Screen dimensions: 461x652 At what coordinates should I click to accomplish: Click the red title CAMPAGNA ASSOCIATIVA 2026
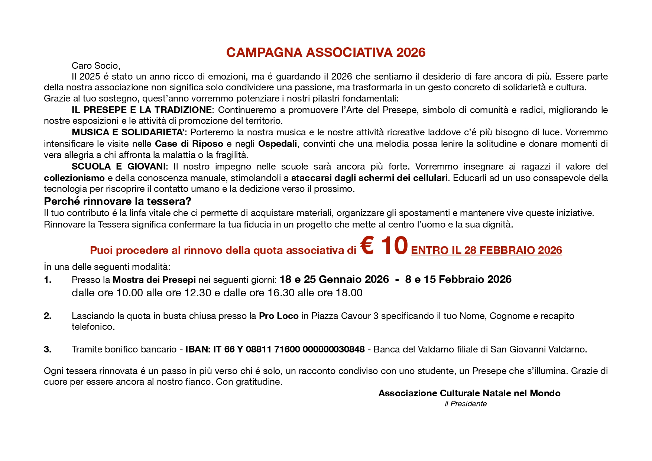[x=325, y=52]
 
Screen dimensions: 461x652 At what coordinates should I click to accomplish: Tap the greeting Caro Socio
[x=96, y=66]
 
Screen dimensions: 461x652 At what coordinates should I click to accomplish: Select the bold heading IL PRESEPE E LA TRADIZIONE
[x=142, y=110]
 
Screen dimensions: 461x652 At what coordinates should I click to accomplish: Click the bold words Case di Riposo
[x=189, y=144]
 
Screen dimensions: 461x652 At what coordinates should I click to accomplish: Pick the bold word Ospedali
[x=277, y=144]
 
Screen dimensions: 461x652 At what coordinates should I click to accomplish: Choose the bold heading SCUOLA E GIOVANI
[x=119, y=167]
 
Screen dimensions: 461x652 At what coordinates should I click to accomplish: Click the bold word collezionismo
[x=74, y=178]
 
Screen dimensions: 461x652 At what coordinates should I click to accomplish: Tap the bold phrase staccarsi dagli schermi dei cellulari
[x=369, y=178]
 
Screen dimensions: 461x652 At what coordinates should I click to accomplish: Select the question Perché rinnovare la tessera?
[x=117, y=202]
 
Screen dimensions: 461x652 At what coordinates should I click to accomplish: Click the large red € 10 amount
[x=384, y=246]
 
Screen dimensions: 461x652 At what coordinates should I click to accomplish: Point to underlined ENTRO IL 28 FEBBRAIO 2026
[x=486, y=251]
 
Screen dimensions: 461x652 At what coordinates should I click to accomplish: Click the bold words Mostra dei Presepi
[x=154, y=280]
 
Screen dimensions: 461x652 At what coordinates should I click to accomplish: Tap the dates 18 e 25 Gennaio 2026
[x=334, y=280]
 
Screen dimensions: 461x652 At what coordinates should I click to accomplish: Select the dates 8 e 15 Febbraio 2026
[x=458, y=280]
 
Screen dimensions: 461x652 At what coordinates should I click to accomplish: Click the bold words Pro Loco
[x=279, y=316]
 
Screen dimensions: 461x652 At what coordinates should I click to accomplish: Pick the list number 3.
[x=48, y=349]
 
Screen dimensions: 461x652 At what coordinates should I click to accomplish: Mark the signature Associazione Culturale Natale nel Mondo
[x=469, y=393]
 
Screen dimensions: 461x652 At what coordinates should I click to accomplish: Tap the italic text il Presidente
[x=466, y=404]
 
